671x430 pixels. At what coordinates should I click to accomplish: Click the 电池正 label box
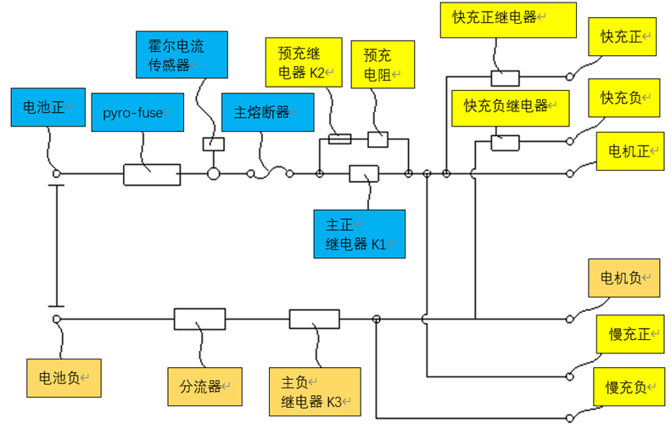(x=45, y=107)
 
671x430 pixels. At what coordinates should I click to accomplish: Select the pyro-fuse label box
(x=137, y=112)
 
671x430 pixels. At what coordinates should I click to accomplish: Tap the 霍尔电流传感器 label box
(x=170, y=53)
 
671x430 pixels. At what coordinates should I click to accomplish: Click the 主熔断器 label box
(x=267, y=112)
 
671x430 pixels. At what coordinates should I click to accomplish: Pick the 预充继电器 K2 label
(x=304, y=62)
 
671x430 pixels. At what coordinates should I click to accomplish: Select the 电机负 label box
(x=623, y=278)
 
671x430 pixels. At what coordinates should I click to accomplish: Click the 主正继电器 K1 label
(x=359, y=234)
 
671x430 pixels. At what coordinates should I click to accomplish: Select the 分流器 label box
(x=204, y=387)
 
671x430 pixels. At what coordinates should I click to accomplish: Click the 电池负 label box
(x=64, y=378)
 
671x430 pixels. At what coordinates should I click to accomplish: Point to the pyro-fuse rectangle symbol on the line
(x=152, y=174)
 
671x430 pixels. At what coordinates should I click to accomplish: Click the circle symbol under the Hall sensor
(x=213, y=174)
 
